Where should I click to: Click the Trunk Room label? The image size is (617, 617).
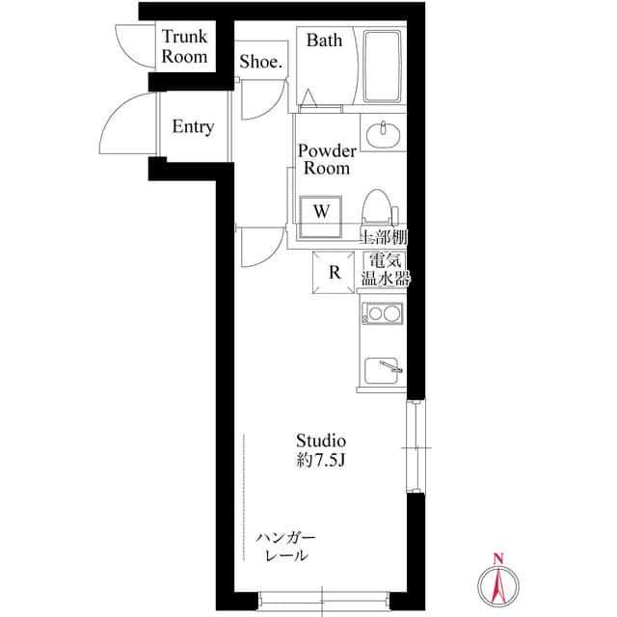click(184, 47)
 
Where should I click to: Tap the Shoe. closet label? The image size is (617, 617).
click(260, 63)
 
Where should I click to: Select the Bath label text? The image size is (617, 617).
click(325, 40)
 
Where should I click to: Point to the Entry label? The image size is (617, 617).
click(193, 127)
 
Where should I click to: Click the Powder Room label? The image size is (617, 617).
click(327, 160)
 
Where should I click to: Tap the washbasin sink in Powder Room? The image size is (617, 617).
click(385, 132)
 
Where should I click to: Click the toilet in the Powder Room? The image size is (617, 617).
click(377, 208)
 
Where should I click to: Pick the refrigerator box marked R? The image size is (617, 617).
click(335, 271)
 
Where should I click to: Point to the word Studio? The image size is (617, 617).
click(320, 441)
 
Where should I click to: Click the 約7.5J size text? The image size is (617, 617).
click(320, 460)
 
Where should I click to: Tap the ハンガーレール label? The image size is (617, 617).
click(286, 547)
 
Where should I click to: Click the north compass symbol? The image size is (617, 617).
click(498, 581)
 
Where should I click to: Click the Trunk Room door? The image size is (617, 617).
click(132, 46)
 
